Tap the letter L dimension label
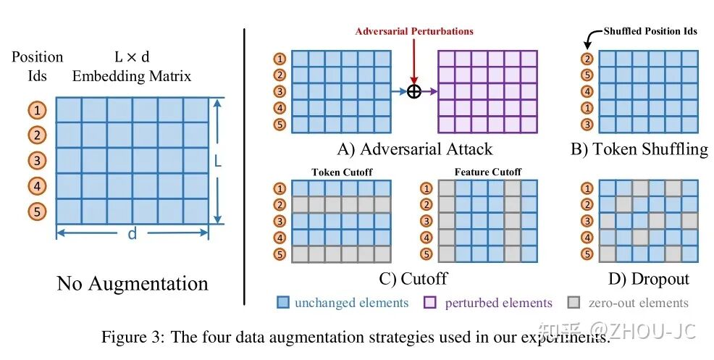coord(217,160)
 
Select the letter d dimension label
coord(133,235)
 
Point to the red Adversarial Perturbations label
coord(414,31)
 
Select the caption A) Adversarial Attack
coord(415,149)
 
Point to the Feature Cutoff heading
coord(487,172)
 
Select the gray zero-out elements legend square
coord(575,303)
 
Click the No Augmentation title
coord(133,283)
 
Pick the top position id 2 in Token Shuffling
coord(587,59)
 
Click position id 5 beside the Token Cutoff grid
coord(280,254)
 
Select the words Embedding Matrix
coord(132,75)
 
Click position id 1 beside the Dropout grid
coord(587,189)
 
